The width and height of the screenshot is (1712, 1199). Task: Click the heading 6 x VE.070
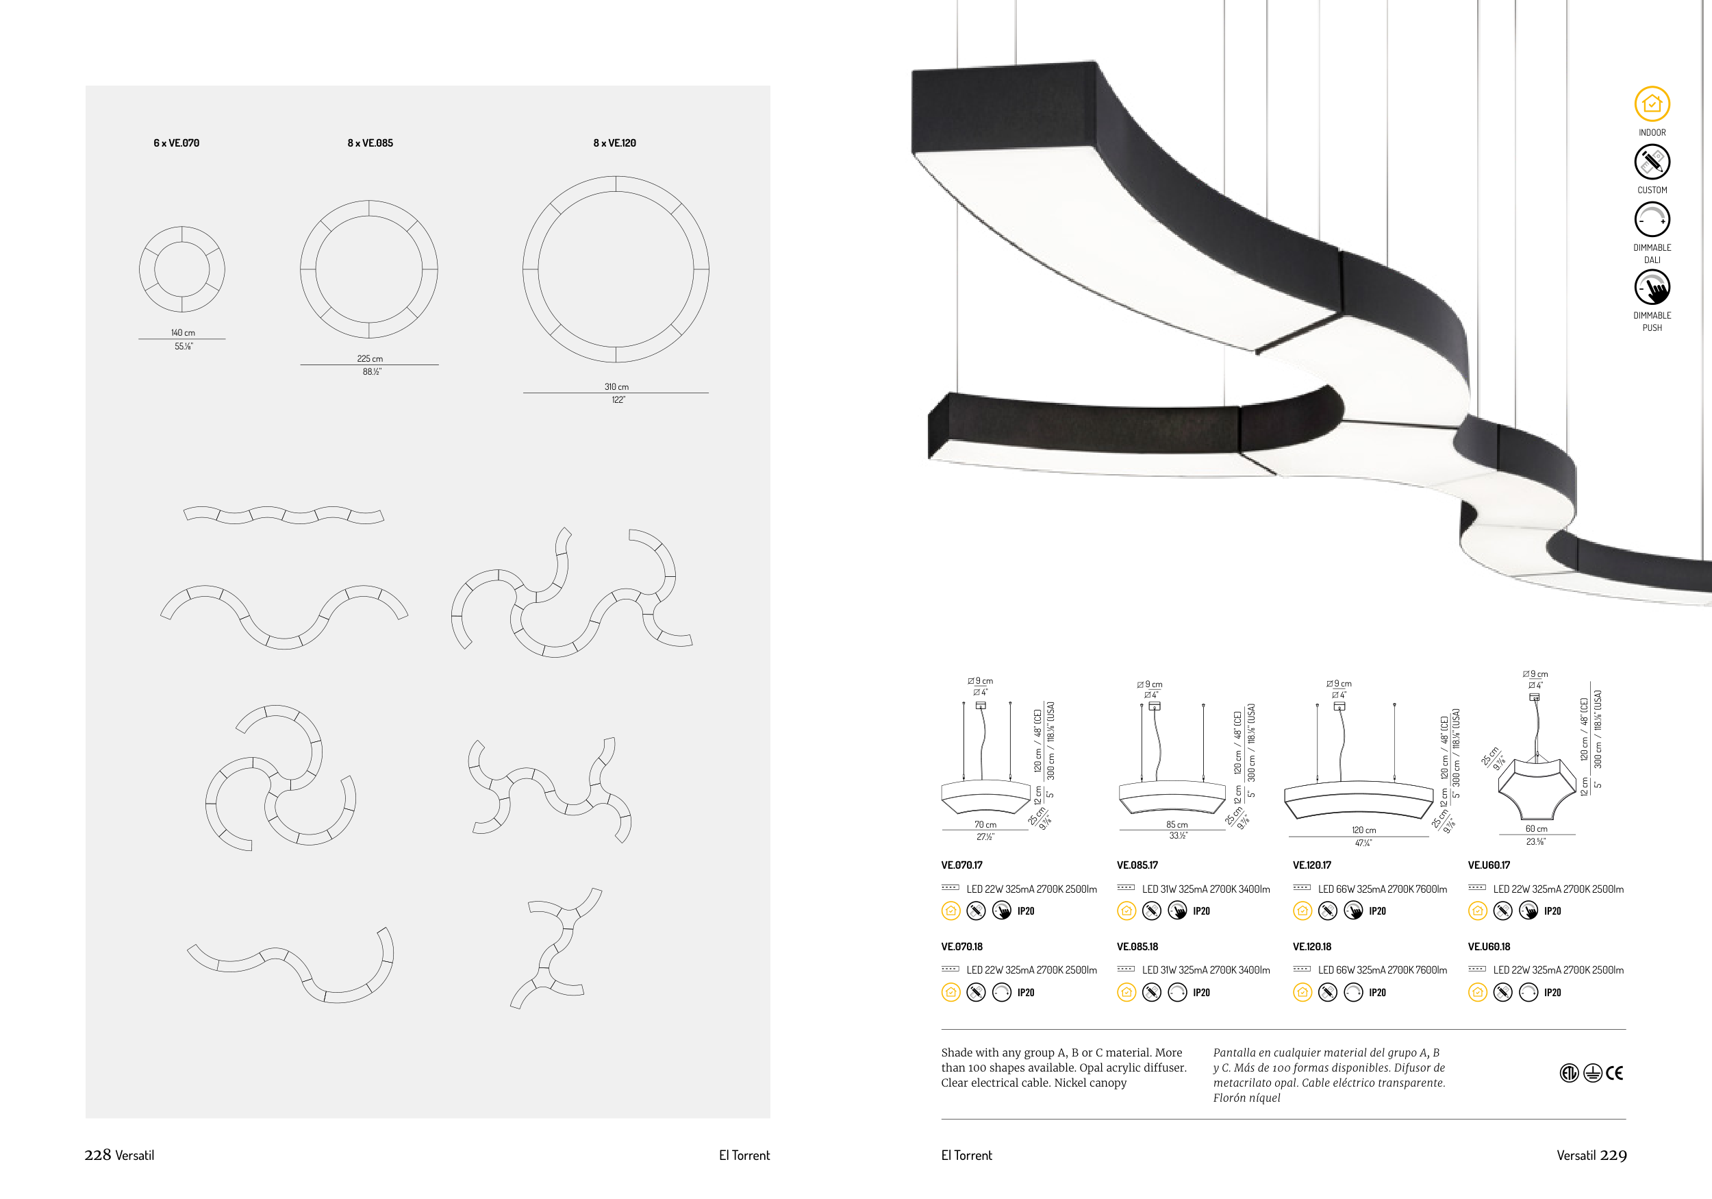pyautogui.click(x=176, y=143)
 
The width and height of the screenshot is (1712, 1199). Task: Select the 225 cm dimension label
pyautogui.click(x=370, y=359)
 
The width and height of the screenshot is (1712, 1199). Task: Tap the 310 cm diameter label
pyautogui.click(x=616, y=386)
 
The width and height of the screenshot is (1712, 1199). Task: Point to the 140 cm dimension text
pyautogui.click(x=183, y=333)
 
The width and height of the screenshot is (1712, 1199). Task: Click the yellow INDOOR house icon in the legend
pyautogui.click(x=1652, y=103)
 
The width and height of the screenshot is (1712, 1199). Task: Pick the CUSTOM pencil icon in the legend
pyautogui.click(x=1652, y=161)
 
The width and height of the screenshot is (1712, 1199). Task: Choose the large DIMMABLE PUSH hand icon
pyautogui.click(x=1652, y=286)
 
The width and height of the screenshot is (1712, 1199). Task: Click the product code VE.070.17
pyautogui.click(x=962, y=865)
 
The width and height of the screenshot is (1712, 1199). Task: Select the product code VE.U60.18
pyautogui.click(x=1489, y=947)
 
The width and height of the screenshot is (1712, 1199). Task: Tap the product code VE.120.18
pyautogui.click(x=1312, y=947)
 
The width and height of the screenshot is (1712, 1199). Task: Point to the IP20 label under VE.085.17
pyautogui.click(x=1201, y=911)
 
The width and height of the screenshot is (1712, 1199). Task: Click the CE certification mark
pyautogui.click(x=1614, y=1073)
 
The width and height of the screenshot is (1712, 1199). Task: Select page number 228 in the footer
pyautogui.click(x=98, y=1155)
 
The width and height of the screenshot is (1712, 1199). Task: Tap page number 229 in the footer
pyautogui.click(x=1613, y=1155)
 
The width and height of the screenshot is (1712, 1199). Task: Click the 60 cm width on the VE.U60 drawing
pyautogui.click(x=1536, y=829)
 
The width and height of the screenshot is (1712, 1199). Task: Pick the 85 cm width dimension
pyautogui.click(x=1176, y=824)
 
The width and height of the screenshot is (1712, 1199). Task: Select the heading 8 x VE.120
pyautogui.click(x=614, y=143)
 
